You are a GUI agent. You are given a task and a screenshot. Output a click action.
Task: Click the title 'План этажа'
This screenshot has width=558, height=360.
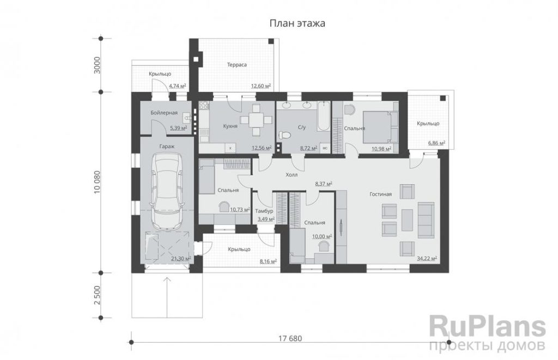297,23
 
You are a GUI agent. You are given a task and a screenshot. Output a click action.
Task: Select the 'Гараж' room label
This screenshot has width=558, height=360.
167,146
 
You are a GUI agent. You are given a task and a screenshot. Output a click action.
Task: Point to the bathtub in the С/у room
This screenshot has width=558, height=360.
324,116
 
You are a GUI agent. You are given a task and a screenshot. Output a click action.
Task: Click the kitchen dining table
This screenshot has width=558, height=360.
256,119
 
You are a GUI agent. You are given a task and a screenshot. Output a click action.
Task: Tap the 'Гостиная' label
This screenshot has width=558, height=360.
380,194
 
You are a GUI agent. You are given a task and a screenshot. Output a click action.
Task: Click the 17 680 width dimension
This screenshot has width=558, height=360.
290,338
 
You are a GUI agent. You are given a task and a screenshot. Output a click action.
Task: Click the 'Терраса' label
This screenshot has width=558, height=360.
236,65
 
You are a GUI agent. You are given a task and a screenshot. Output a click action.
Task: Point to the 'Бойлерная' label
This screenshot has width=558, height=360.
164,113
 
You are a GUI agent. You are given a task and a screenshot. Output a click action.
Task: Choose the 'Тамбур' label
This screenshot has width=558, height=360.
264,211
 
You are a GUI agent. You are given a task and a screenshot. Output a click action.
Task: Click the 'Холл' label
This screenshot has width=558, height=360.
292,175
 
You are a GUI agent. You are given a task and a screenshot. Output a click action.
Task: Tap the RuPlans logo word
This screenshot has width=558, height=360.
488,327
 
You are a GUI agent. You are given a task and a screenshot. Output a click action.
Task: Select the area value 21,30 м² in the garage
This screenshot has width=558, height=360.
181,259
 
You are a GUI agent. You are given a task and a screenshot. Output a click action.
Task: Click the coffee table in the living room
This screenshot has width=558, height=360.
407,219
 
